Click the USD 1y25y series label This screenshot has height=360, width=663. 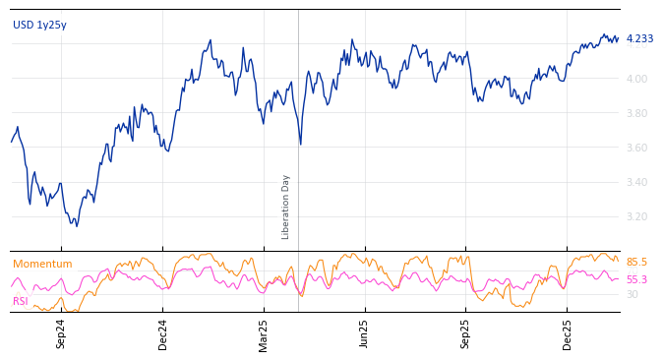click(39, 26)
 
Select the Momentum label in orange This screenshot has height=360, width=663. click(42, 265)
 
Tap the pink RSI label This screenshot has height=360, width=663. click(21, 301)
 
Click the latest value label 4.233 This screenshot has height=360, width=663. click(639, 39)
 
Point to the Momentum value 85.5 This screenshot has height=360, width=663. click(636, 263)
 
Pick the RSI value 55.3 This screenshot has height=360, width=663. click(636, 280)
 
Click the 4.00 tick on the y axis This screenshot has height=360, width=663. click(636, 79)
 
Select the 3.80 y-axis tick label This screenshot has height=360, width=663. click(636, 113)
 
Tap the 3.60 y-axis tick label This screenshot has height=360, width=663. click(636, 148)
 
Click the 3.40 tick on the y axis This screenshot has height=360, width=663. click(636, 182)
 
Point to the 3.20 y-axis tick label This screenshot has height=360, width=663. click(636, 216)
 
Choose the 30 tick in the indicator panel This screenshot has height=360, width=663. click(632, 294)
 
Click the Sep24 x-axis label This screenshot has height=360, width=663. click(61, 333)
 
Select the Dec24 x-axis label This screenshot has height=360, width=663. click(163, 333)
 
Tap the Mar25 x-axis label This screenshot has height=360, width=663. click(264, 333)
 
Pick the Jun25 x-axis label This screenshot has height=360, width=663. click(365, 333)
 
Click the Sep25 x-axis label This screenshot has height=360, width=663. click(466, 333)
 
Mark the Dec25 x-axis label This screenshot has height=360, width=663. click(568, 333)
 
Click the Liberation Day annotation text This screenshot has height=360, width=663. click(286, 207)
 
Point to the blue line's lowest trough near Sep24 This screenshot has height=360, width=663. click(76, 226)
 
